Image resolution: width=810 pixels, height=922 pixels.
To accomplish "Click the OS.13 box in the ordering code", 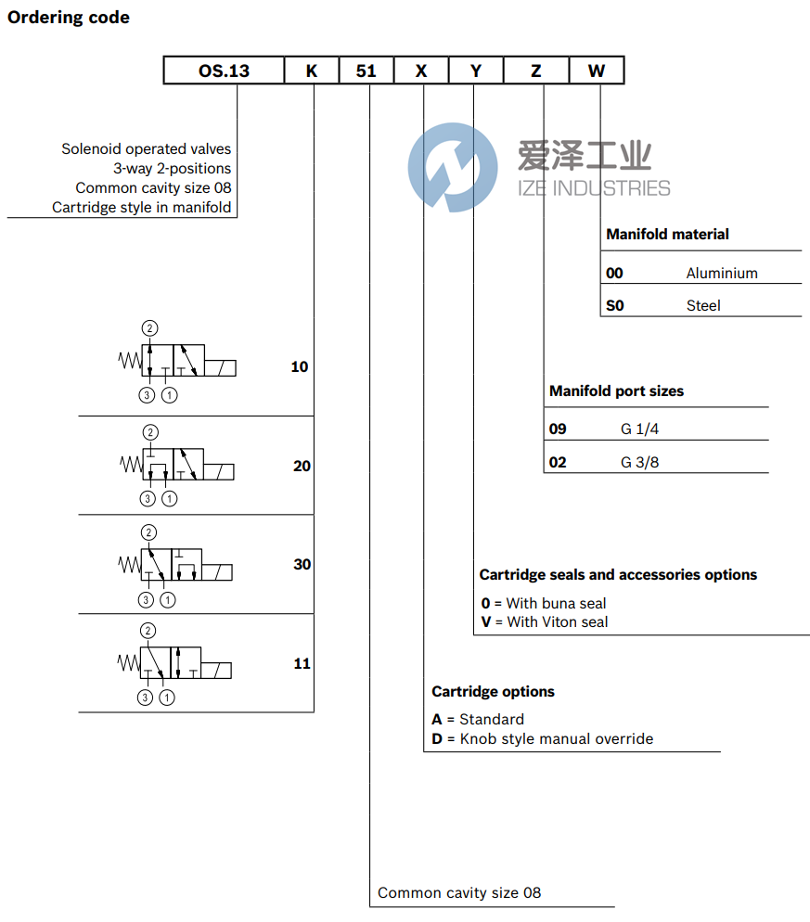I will pos(224,70).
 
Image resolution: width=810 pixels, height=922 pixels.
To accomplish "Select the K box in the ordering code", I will pos(311,70).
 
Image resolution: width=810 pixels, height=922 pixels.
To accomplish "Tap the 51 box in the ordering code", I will pos(366,70).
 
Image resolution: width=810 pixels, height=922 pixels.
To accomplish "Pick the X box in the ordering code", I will pos(421,70).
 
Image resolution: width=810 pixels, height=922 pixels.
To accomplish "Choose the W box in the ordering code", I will pos(596,70).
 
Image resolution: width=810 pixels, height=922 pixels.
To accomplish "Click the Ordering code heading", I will pos(69,18).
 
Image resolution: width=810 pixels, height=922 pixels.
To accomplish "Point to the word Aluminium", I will pos(722,273).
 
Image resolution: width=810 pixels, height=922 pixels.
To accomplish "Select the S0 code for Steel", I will pos(615,305).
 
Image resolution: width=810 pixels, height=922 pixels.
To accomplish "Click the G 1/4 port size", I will pos(640,429).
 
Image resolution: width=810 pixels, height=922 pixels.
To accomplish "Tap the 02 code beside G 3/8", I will pos(558,462).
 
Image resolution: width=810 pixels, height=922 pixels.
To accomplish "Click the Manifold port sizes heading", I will pos(616,391).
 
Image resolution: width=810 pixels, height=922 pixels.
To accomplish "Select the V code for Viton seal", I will pos(485,622).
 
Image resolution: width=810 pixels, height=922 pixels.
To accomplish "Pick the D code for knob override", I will pos(437,739).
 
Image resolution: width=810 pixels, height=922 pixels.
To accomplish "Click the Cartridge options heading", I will pos(493,692).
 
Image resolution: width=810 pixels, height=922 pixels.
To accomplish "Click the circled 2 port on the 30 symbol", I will pos(148,532).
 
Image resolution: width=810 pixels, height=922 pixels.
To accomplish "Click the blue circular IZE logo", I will pos(453,167).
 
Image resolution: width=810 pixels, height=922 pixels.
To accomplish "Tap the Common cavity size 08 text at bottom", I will pos(459,893).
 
